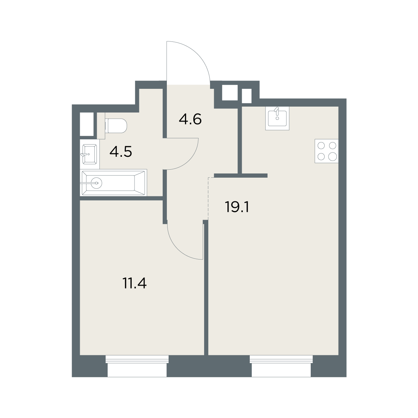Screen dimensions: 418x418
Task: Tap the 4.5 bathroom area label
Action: [x=121, y=152]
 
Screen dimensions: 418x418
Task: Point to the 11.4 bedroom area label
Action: [x=134, y=283]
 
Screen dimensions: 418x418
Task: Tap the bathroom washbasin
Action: [x=90, y=154]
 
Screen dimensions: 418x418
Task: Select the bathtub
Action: [x=114, y=183]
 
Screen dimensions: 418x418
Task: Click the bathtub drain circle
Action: [x=96, y=183]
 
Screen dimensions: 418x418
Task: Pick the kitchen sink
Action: [x=277, y=118]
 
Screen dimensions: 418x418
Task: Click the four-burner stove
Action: [x=326, y=151]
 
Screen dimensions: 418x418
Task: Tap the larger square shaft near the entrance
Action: [x=230, y=93]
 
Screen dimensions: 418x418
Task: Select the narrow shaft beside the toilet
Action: [x=86, y=124]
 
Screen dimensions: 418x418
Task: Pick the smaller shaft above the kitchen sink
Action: [x=247, y=96]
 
